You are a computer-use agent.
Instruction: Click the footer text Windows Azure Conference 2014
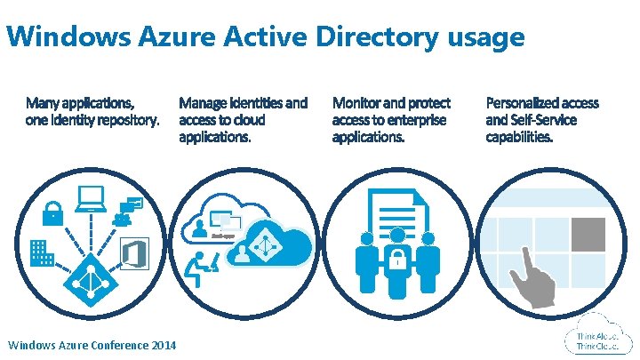click(x=91, y=345)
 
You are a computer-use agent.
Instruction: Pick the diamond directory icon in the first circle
click(x=86, y=283)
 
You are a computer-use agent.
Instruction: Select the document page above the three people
click(x=394, y=209)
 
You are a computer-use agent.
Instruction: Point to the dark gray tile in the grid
click(x=588, y=233)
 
